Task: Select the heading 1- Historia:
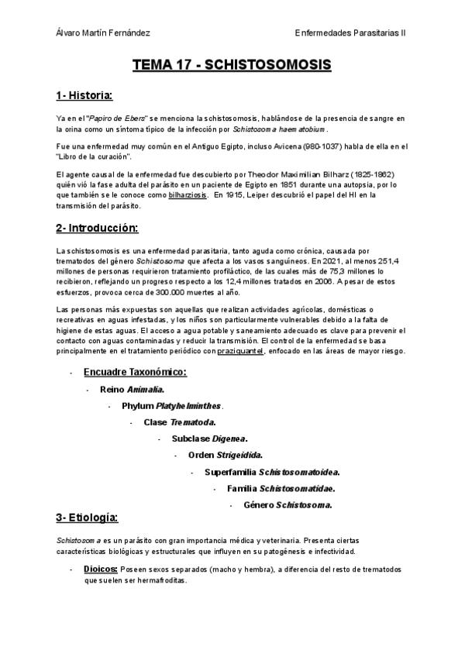pos(84,95)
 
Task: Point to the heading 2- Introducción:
pos(97,229)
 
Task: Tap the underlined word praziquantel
pos(240,352)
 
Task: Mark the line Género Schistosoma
pos(288,505)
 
